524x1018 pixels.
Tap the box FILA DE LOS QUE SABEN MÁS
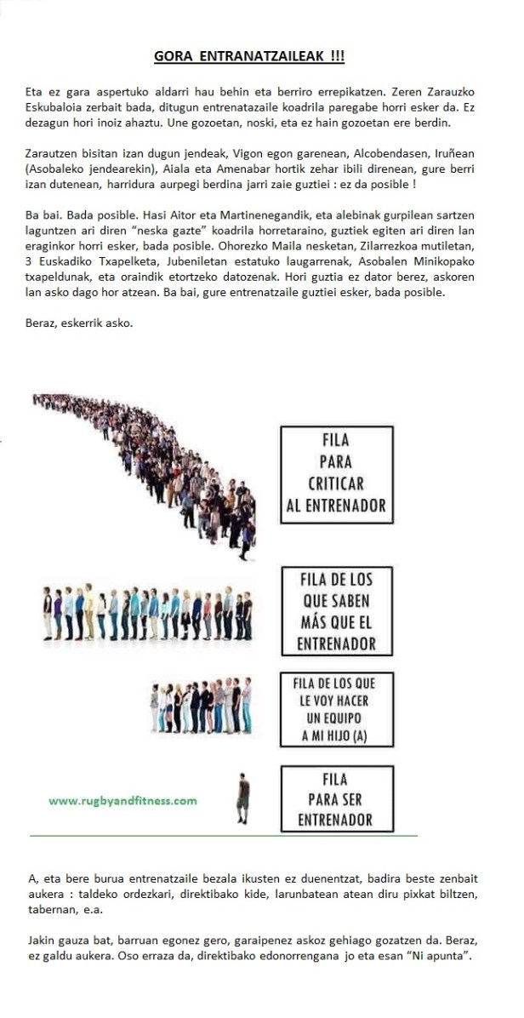337,610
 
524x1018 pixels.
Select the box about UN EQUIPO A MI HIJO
337,710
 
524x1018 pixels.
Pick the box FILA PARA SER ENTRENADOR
337,799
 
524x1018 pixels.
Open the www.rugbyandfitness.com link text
122,800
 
